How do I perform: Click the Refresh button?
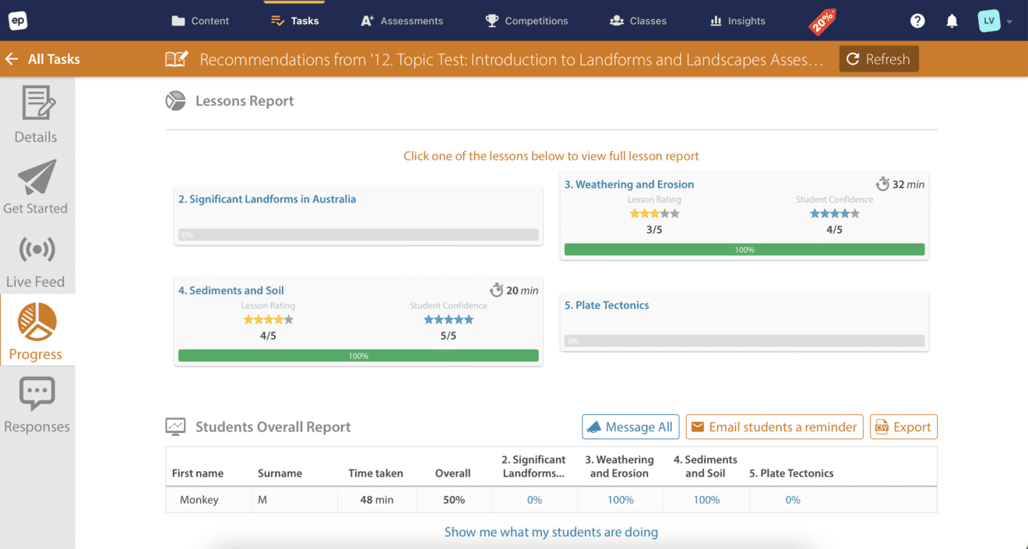(878, 59)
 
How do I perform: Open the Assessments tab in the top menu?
(402, 21)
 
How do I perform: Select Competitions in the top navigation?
(526, 21)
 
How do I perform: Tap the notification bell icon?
(952, 21)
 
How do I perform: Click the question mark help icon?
(917, 21)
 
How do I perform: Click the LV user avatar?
(988, 21)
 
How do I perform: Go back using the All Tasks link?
(43, 59)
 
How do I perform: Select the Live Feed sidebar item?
(36, 262)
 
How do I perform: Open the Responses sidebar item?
(37, 405)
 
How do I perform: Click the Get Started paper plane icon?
(37, 178)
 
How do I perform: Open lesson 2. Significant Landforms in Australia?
(267, 199)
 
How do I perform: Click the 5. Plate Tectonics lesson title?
(607, 305)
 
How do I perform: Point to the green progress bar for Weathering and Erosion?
(744, 250)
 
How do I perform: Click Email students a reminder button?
(774, 427)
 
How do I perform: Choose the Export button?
(903, 427)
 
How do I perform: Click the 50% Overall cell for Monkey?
(454, 500)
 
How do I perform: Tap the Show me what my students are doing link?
(551, 532)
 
